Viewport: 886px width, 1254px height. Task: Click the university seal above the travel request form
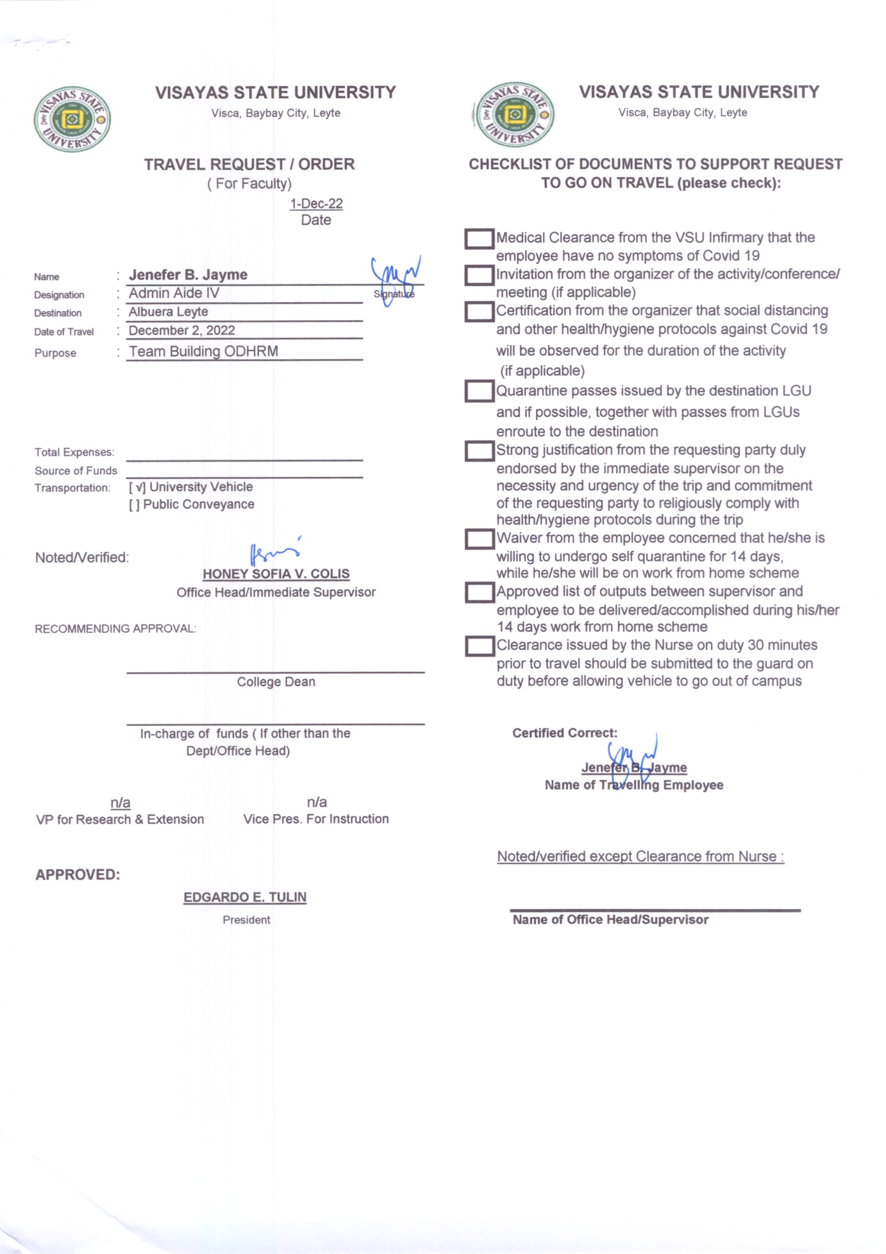72,119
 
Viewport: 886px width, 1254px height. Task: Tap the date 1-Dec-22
316,204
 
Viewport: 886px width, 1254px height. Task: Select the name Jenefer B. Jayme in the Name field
188,275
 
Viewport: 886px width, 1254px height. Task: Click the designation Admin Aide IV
174,294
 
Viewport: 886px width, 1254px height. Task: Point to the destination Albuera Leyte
168,312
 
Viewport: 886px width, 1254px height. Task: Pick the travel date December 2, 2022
182,331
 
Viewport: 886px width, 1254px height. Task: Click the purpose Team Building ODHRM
203,351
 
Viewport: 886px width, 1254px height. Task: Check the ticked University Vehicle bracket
137,487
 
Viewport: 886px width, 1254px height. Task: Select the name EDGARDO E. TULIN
245,898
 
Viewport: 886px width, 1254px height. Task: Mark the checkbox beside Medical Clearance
479,239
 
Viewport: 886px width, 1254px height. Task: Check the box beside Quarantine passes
479,391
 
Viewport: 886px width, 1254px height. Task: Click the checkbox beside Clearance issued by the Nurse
479,646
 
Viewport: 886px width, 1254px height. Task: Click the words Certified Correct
564,733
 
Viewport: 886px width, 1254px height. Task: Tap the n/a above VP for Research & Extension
120,802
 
